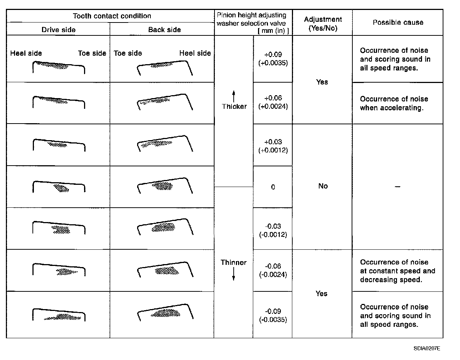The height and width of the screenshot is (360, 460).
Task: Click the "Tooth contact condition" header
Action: (x=112, y=16)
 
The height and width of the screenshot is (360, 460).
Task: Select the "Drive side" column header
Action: (x=58, y=30)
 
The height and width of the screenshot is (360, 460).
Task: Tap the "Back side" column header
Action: (x=164, y=30)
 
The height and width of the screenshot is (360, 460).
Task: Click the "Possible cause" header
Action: (x=398, y=22)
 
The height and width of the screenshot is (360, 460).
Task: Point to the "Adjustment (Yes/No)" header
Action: (x=323, y=24)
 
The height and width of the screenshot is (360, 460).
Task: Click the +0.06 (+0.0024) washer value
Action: (x=273, y=102)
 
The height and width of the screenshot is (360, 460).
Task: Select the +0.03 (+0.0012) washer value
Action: (x=273, y=146)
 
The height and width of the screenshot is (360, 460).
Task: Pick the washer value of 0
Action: (x=273, y=187)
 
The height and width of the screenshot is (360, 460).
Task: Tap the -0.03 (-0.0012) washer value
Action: (x=273, y=231)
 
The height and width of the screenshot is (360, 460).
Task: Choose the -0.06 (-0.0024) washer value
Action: (x=273, y=270)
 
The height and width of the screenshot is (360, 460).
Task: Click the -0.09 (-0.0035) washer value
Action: (x=273, y=315)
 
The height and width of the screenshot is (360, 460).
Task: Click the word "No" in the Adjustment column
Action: (x=323, y=186)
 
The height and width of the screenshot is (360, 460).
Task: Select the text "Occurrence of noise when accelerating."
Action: (x=394, y=103)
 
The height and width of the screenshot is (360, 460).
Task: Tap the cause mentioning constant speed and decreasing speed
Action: (x=397, y=271)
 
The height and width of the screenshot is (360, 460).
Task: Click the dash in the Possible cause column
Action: (x=397, y=187)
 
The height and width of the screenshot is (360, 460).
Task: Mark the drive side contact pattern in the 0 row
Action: (x=61, y=188)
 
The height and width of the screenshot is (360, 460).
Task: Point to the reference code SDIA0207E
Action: (x=426, y=348)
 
